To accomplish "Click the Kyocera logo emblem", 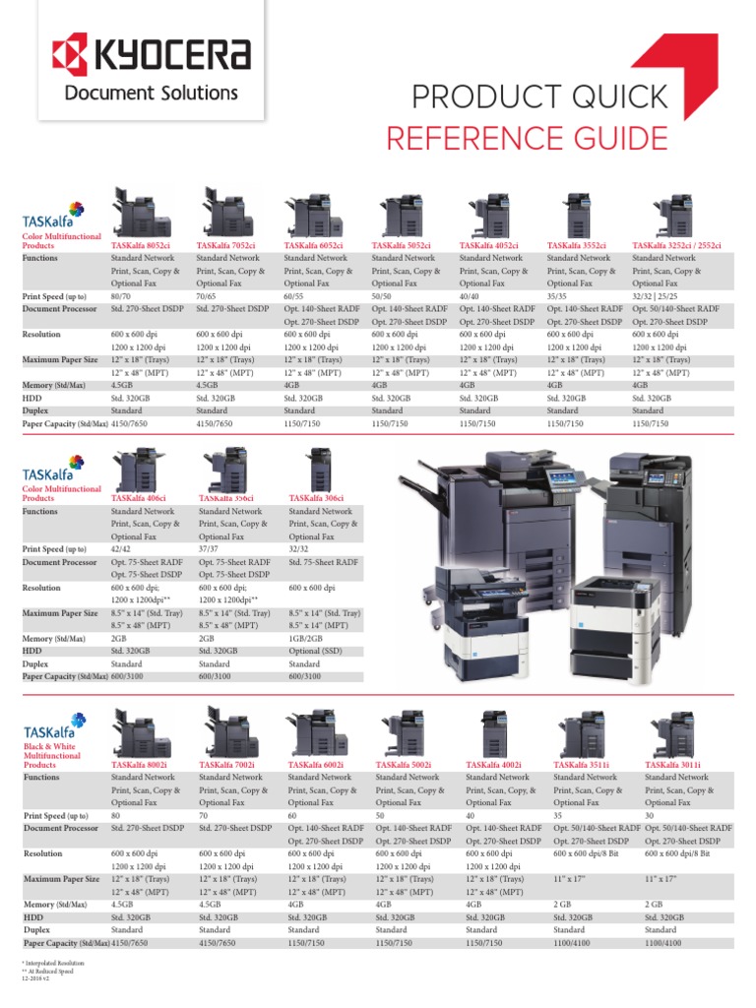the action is click(70, 53).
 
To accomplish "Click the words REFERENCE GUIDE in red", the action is click(527, 138).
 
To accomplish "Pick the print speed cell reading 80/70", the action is click(122, 296).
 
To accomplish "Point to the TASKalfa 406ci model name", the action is click(139, 498).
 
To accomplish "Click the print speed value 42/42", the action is click(122, 549).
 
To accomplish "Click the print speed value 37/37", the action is click(210, 549).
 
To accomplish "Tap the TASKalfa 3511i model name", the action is click(582, 764).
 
